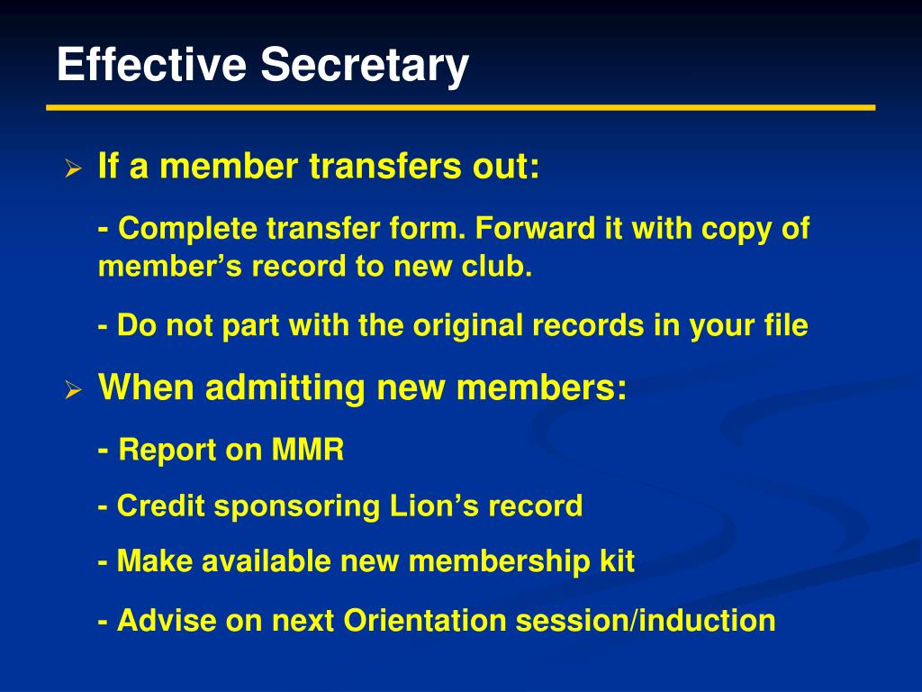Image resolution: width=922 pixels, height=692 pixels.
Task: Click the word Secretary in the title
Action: coord(366,66)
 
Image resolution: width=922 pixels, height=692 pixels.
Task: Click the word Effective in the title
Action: coord(151,66)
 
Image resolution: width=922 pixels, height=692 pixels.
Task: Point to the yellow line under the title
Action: coord(460,107)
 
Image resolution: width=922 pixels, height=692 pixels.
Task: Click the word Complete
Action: coord(188,230)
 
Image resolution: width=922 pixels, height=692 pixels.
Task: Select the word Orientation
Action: coord(414,621)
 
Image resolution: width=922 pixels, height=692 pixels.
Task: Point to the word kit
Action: coord(618,562)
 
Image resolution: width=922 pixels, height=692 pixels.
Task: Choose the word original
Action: coord(468,325)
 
